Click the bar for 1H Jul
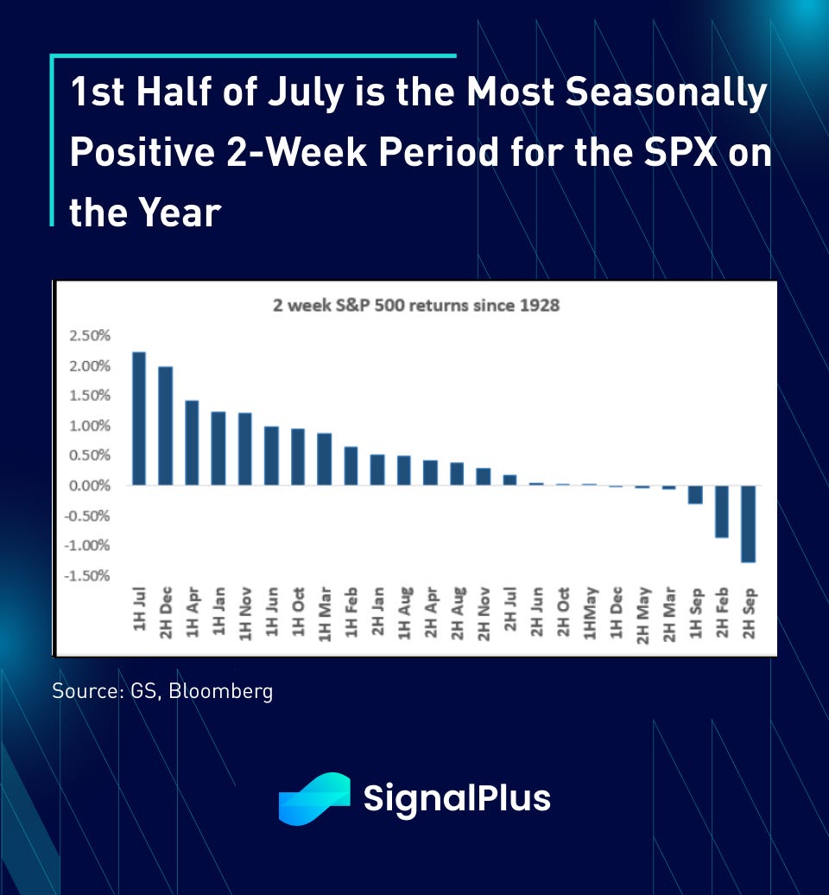click(x=139, y=419)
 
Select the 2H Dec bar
click(x=166, y=426)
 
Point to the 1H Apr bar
click(x=192, y=443)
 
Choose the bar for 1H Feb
click(x=351, y=466)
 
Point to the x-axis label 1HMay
click(x=591, y=614)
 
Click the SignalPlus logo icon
click(x=313, y=798)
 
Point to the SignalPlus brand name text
click(x=457, y=798)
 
